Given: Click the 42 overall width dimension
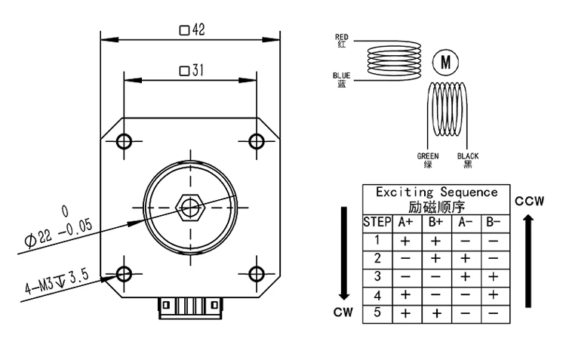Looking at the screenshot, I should click(x=192, y=30).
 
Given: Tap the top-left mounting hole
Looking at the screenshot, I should click(x=125, y=140).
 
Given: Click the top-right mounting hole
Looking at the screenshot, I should click(x=257, y=140).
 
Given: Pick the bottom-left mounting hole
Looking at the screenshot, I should click(x=125, y=272).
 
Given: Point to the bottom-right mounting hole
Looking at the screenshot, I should click(x=257, y=272).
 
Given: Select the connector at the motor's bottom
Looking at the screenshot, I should click(x=191, y=306).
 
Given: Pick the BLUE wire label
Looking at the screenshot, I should click(x=341, y=79).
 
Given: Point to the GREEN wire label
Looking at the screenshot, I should click(x=428, y=160).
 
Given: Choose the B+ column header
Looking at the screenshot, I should click(x=436, y=222).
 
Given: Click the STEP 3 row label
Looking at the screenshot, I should click(x=377, y=276).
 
